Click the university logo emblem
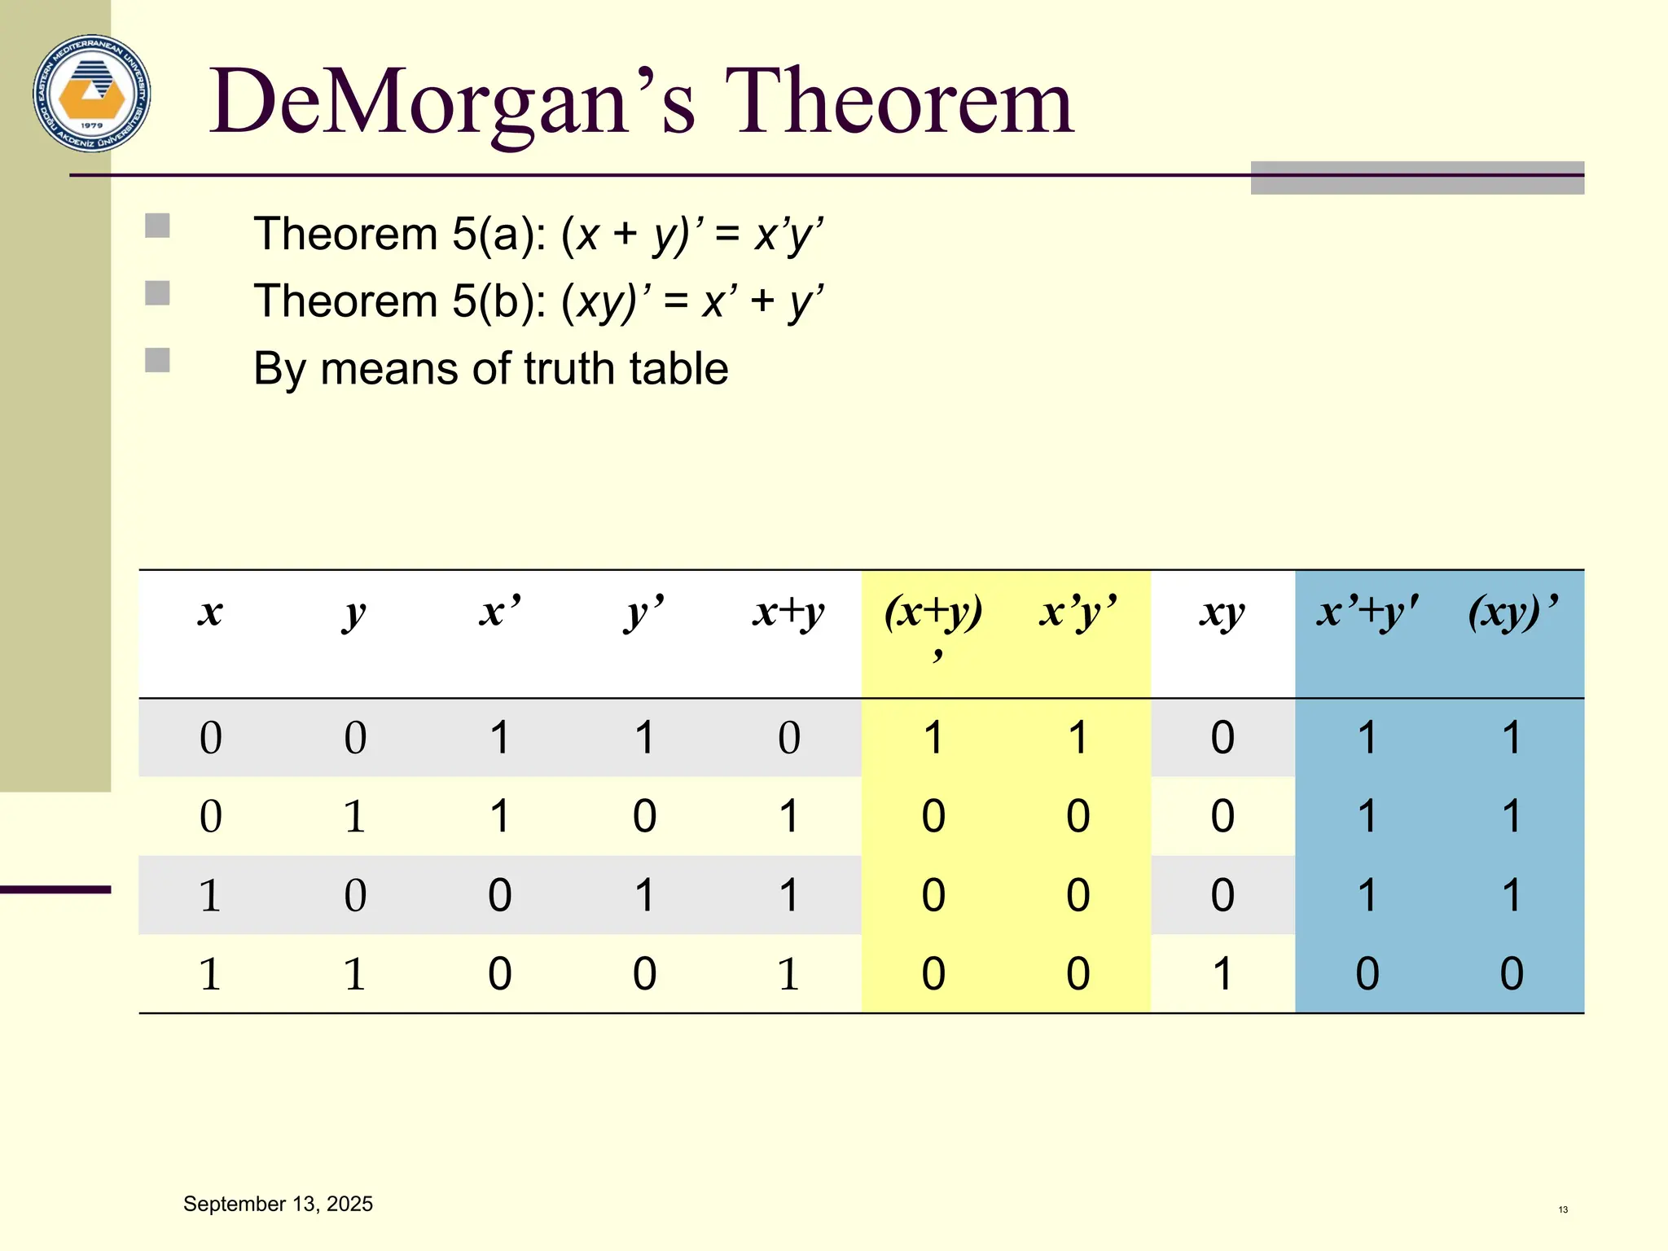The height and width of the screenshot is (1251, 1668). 92,93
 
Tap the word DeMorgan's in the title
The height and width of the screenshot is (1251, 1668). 452,103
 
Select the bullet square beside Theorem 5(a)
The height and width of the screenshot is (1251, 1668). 157,226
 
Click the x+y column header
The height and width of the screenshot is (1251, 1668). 788,612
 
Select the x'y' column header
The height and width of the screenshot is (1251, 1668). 1078,612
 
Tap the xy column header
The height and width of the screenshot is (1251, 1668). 1222,612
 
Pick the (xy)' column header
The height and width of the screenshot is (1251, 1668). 1512,612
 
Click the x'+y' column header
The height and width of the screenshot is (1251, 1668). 1367,612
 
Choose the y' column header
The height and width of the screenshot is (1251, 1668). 644,612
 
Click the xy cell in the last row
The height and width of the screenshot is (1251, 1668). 1222,973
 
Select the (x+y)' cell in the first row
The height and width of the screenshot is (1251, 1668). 933,738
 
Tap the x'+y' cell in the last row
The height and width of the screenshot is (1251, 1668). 1367,973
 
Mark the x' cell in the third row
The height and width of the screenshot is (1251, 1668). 499,895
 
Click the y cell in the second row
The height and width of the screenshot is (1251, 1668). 354,816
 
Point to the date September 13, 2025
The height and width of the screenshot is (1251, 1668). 278,1204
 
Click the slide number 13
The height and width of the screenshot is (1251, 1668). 1563,1209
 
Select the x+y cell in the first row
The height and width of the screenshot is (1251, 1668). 788,738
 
